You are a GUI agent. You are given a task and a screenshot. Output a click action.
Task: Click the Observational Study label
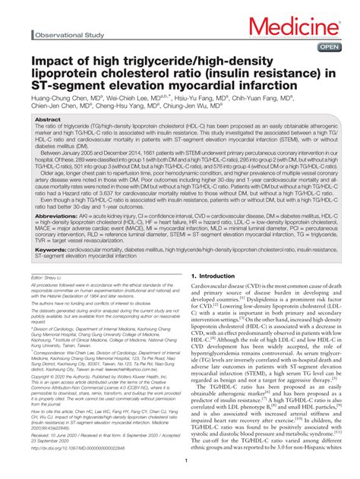coord(73,35)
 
